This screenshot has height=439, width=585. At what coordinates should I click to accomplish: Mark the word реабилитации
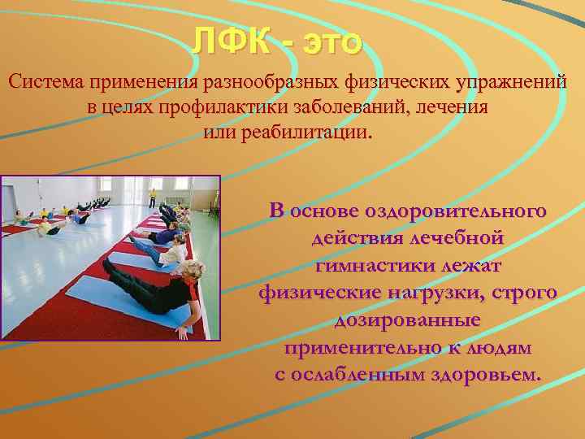pyautogui.click(x=317, y=133)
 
